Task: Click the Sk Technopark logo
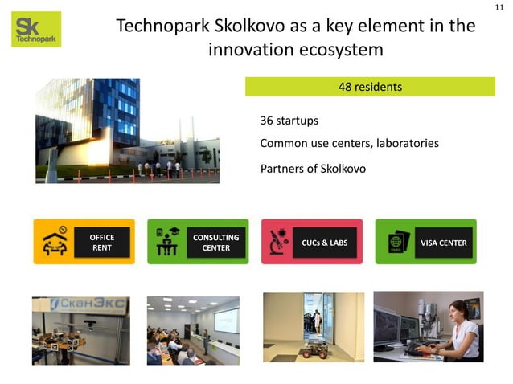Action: (36, 29)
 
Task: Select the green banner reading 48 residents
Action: (370, 86)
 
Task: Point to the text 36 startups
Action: (289, 121)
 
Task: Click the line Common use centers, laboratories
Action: (349, 143)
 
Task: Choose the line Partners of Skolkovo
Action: (313, 169)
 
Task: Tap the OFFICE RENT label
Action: (101, 243)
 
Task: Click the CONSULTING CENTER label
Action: (215, 243)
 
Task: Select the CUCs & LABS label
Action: (324, 243)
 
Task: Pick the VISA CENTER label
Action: (443, 243)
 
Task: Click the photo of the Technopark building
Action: (126, 131)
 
